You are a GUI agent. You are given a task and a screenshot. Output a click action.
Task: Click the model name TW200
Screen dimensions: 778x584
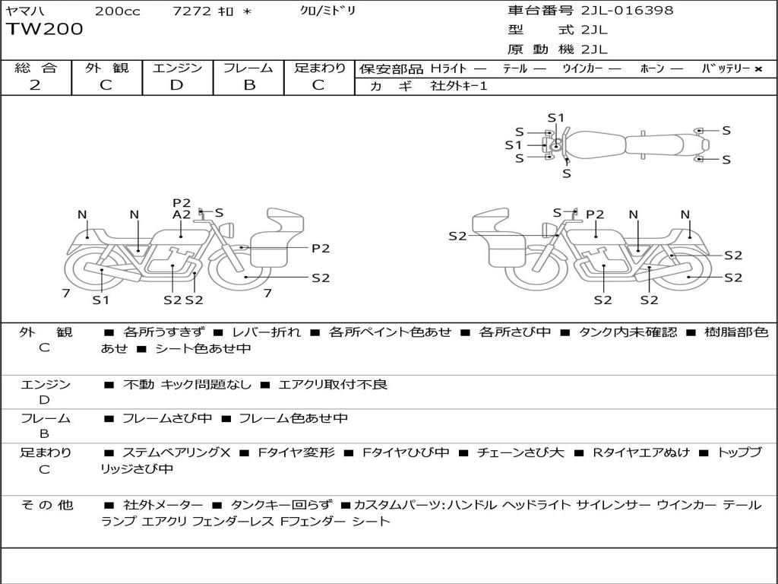click(x=45, y=30)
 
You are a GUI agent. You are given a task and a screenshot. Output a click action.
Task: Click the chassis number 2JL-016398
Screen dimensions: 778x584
click(x=627, y=11)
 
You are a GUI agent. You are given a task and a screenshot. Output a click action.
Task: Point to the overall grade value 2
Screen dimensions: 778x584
click(x=35, y=85)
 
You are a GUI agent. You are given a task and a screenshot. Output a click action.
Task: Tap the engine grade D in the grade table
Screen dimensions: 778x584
click(x=176, y=85)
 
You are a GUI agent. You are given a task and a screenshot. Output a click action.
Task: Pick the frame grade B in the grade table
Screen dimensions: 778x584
click(x=249, y=85)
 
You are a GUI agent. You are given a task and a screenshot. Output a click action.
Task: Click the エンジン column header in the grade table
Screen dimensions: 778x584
click(x=177, y=68)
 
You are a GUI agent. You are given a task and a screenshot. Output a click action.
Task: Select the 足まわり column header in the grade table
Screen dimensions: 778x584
click(x=320, y=68)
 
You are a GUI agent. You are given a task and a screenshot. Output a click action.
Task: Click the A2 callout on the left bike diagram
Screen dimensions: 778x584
click(x=182, y=214)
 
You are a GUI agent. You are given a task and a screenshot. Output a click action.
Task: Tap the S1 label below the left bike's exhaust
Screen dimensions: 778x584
click(x=101, y=300)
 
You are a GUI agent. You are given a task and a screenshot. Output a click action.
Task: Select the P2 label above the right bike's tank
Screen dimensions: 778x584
click(x=595, y=214)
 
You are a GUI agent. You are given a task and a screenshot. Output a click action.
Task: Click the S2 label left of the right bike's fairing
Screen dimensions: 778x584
click(x=457, y=236)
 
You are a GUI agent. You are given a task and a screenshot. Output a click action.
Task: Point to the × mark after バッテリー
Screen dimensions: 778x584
click(x=757, y=68)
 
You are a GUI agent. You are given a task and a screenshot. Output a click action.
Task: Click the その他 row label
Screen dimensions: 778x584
click(x=46, y=505)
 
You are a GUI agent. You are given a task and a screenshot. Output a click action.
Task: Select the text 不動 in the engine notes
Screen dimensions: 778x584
click(x=138, y=385)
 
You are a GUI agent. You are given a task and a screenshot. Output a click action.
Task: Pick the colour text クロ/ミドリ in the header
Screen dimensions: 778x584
click(x=328, y=11)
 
